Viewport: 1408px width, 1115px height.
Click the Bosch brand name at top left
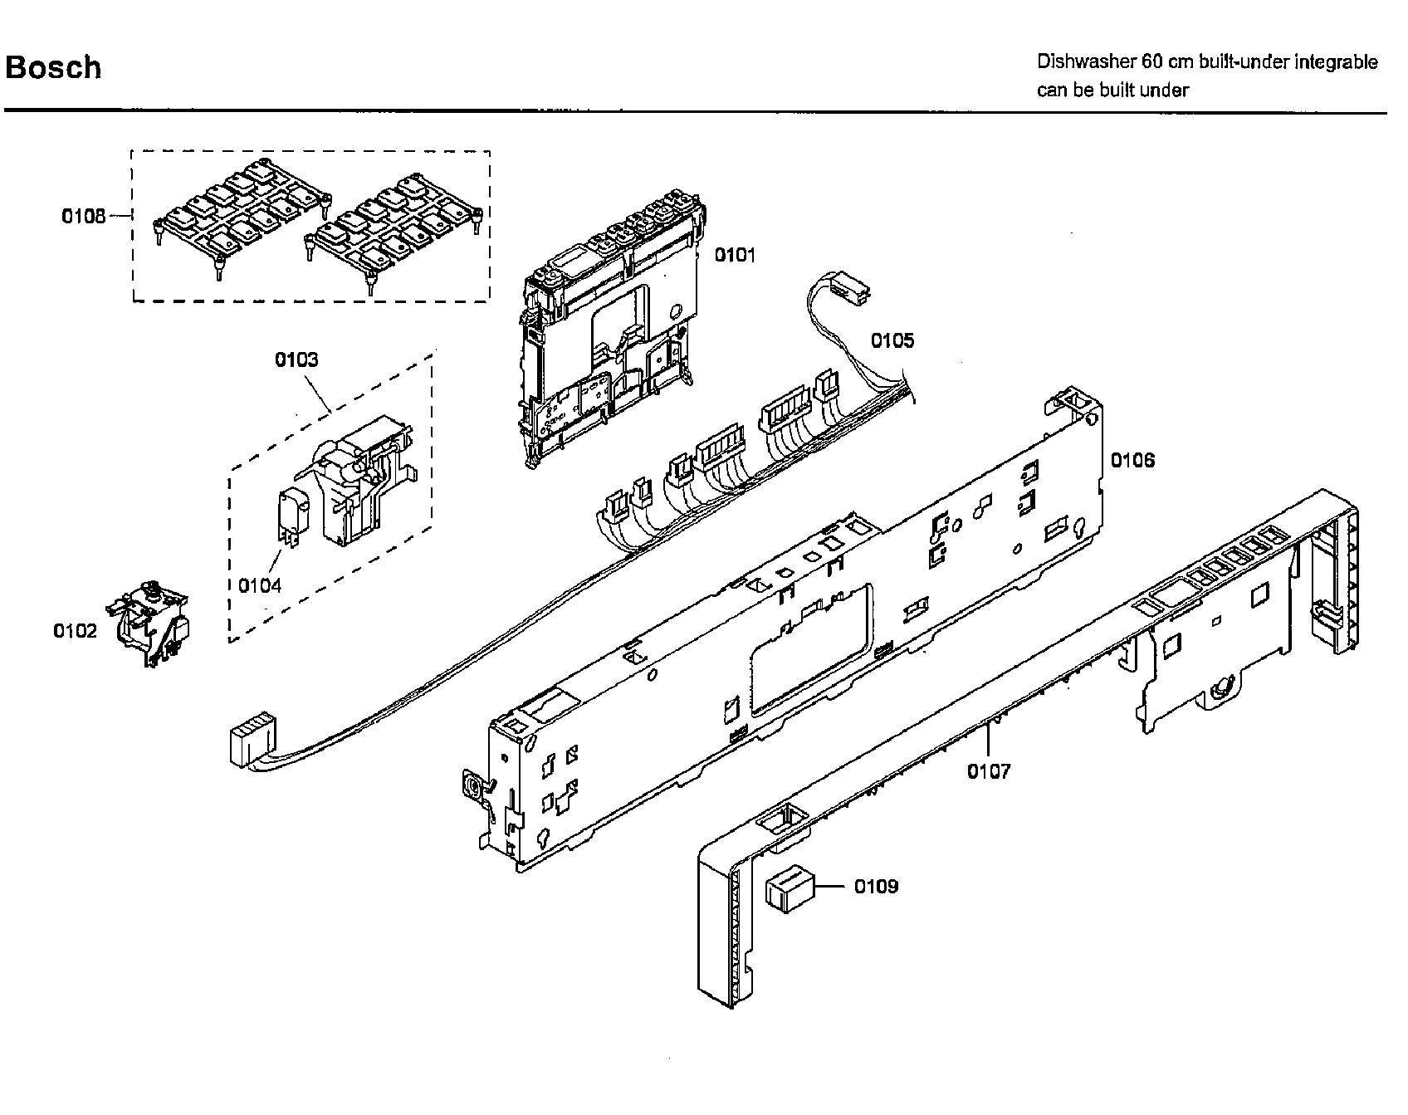[53, 67]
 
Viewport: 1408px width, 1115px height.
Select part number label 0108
[84, 216]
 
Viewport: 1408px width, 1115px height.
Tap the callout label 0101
[736, 255]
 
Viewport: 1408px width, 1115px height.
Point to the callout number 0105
[892, 340]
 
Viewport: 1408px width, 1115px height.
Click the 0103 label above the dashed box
[296, 359]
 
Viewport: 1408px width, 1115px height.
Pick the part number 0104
[260, 585]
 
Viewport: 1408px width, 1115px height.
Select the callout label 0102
[75, 631]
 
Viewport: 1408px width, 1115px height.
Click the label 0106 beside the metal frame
[1132, 460]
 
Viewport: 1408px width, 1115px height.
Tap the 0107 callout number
[989, 771]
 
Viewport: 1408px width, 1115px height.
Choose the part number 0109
[876, 887]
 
